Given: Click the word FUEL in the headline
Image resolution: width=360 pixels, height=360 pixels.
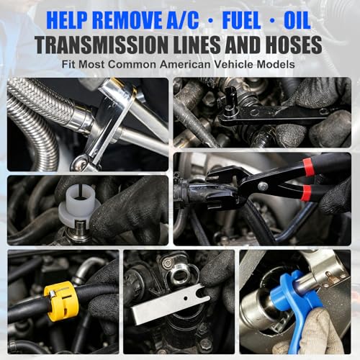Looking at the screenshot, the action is point(241,20).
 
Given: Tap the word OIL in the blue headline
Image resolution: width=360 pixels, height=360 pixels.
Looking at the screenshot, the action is point(297,20).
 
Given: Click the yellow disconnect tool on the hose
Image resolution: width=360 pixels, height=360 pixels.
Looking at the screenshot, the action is point(59,302).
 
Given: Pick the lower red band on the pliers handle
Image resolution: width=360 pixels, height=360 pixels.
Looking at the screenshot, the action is point(306,193).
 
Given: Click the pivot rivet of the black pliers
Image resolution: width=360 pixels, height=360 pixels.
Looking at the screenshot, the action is point(263,185).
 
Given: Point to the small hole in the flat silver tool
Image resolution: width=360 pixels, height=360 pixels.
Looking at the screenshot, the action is point(186,298).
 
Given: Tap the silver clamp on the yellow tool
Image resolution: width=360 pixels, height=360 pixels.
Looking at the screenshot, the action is point(53,294).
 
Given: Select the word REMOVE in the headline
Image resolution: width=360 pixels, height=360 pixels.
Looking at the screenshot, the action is point(126,20).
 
